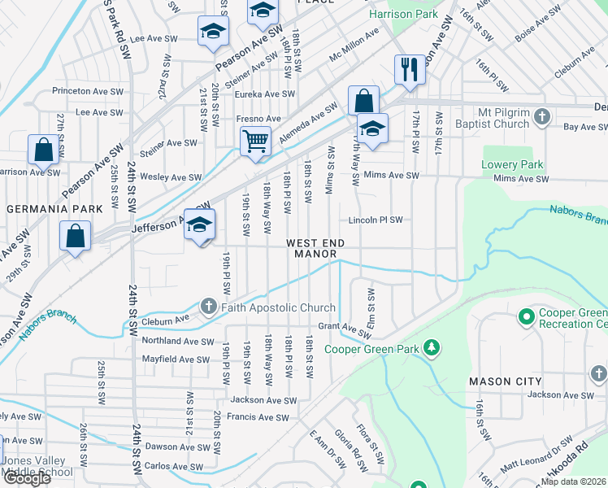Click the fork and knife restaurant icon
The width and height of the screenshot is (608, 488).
(x=410, y=69)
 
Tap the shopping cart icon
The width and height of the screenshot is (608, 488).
(x=255, y=141)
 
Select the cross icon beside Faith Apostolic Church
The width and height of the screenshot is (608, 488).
(x=208, y=307)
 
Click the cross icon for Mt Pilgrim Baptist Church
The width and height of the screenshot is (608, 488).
(x=542, y=119)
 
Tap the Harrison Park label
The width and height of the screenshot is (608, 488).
(x=403, y=15)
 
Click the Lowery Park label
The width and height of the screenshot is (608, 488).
(x=511, y=164)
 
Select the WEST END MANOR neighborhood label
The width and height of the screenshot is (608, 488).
(x=315, y=249)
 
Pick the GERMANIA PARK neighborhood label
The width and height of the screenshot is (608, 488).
(x=54, y=209)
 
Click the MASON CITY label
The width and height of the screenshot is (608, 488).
(x=500, y=381)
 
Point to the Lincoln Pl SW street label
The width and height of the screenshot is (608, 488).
(x=376, y=220)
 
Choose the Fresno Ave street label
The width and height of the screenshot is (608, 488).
(x=258, y=119)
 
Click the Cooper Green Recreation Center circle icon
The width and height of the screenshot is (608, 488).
(x=526, y=316)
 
